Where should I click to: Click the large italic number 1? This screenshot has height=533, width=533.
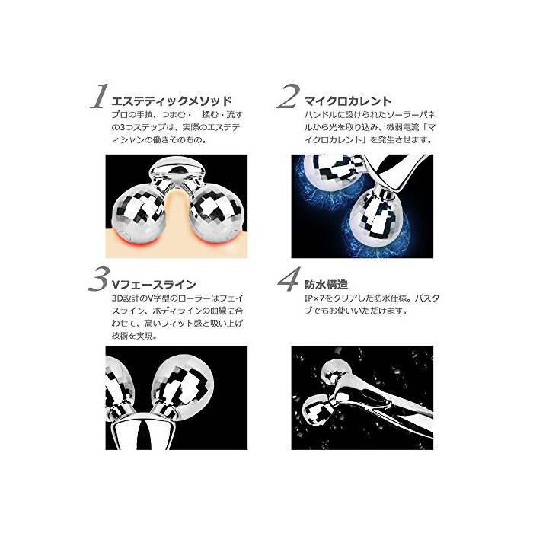(x=99, y=97)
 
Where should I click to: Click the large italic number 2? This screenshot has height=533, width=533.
(x=289, y=96)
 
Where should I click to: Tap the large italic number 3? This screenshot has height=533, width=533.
(x=99, y=279)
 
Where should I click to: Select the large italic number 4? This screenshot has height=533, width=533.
(x=289, y=279)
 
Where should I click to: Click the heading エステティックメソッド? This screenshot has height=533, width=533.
(x=171, y=101)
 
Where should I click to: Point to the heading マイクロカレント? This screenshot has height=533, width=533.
(x=348, y=101)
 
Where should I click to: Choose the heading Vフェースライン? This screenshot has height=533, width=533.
(x=154, y=284)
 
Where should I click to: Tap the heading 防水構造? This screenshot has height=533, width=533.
(x=326, y=284)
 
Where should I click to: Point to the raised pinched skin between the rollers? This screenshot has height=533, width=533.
(x=177, y=211)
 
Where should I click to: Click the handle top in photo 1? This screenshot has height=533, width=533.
(x=177, y=168)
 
